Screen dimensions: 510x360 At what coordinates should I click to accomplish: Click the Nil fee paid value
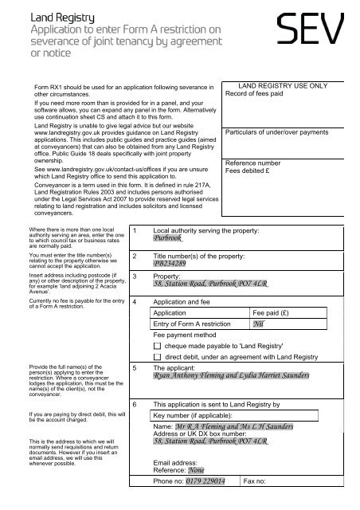tap(258, 347)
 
